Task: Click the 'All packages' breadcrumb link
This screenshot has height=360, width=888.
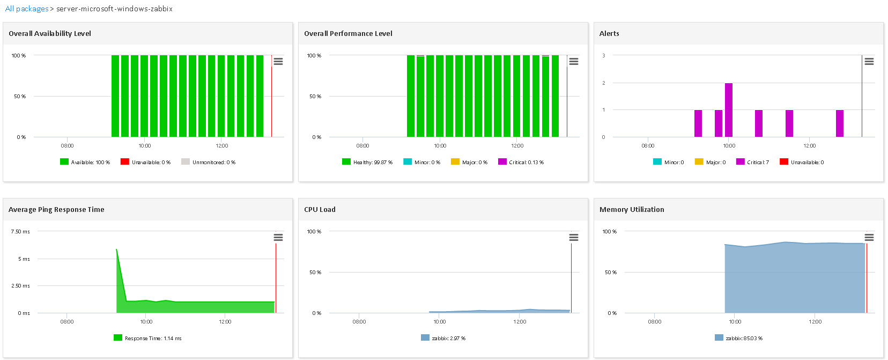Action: tap(27, 9)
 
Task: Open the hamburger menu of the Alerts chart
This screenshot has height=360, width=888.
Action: tap(869, 62)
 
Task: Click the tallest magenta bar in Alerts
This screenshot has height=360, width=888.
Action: tap(728, 110)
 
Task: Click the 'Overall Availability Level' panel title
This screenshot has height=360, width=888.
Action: tap(50, 33)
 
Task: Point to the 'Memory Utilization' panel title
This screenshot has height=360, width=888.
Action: tap(632, 209)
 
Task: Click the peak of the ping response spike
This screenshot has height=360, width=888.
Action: tap(116, 249)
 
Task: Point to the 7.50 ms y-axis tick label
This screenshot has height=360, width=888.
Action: tap(20, 232)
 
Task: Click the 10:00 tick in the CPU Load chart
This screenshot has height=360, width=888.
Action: tap(440, 321)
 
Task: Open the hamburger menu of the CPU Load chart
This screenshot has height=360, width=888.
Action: tap(574, 238)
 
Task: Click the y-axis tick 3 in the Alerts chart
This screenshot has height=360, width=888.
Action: tap(604, 55)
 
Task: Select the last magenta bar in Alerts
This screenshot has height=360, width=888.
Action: tap(839, 123)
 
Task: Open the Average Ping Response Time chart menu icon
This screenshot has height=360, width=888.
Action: tap(278, 238)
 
